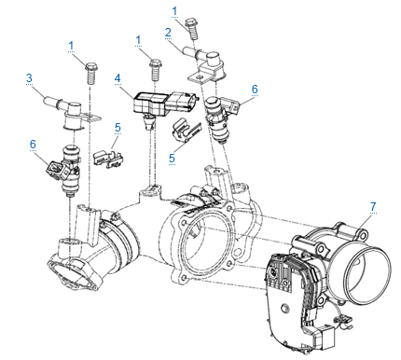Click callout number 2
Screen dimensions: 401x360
[x=168, y=33]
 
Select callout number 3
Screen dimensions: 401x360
[x=29, y=77]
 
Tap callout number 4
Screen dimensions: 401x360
[x=118, y=78]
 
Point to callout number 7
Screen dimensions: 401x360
[x=373, y=206]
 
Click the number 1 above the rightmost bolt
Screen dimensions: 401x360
[x=174, y=11]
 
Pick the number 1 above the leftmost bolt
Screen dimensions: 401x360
[x=71, y=46]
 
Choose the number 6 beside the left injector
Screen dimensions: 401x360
[x=33, y=144]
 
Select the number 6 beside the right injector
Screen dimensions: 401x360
[x=255, y=89]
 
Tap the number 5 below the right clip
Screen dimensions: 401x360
[x=172, y=159]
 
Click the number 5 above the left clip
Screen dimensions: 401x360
[x=118, y=128]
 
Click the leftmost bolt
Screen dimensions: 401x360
[x=90, y=73]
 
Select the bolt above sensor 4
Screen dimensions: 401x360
[x=155, y=70]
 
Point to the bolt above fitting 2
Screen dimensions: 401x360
[x=192, y=29]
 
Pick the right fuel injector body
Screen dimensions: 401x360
[x=220, y=118]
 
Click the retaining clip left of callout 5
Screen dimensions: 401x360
[x=107, y=158]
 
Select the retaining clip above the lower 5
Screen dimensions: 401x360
[x=186, y=131]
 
